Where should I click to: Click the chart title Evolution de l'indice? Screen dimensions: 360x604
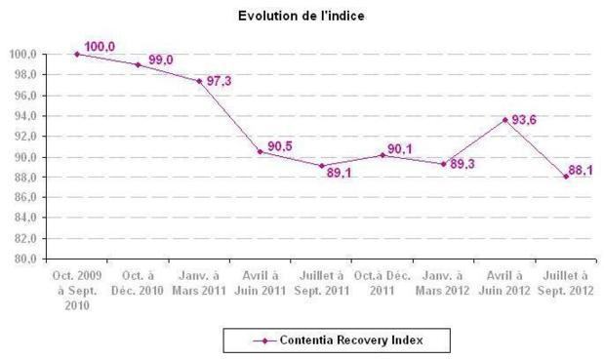pyautogui.click(x=302, y=16)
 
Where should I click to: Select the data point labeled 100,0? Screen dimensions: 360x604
pyautogui.click(x=77, y=54)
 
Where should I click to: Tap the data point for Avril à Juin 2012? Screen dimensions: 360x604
pyautogui.click(x=505, y=119)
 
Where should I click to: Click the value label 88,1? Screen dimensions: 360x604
pyautogui.click(x=581, y=171)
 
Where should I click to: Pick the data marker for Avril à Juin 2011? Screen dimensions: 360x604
pyautogui.click(x=261, y=151)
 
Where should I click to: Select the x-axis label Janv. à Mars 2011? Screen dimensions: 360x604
pyautogui.click(x=199, y=284)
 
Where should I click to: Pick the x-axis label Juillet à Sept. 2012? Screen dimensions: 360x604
pyautogui.click(x=566, y=284)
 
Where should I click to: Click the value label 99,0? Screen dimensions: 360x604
pyautogui.click(x=161, y=60)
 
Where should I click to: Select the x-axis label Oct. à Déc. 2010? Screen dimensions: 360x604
pyautogui.click(x=138, y=284)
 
